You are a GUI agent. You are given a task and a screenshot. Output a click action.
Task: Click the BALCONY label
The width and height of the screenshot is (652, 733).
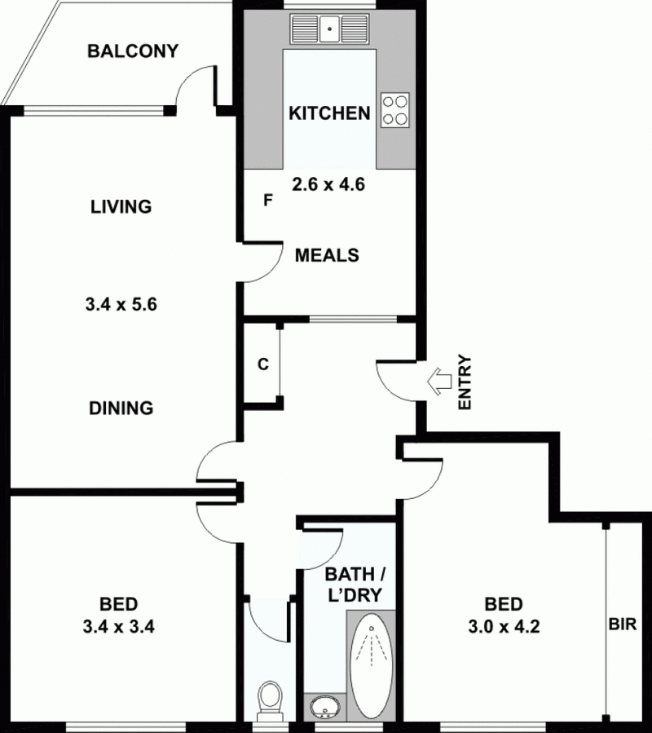[x=133, y=51]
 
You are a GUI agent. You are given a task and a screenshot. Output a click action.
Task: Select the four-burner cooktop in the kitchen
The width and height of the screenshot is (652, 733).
[x=395, y=109]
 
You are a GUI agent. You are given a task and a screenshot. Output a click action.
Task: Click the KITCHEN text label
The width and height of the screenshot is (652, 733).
[x=329, y=113]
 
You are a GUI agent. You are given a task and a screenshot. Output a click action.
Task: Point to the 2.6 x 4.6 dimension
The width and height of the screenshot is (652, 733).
[x=328, y=184]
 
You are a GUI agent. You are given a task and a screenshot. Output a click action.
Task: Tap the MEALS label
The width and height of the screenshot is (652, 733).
[x=327, y=255]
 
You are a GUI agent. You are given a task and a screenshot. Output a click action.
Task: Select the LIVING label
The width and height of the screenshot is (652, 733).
[x=121, y=206]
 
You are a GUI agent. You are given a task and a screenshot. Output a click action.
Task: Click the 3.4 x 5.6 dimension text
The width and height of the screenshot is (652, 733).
[x=121, y=306]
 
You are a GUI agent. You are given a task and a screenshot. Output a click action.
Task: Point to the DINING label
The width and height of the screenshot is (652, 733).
[x=121, y=408]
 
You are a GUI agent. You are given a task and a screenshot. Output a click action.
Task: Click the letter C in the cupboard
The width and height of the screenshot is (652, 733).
[x=263, y=364]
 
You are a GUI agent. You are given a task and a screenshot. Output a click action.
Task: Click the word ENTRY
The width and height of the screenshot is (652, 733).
[x=465, y=382]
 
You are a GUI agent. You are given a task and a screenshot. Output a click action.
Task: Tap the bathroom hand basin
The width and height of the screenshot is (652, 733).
[x=324, y=705]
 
